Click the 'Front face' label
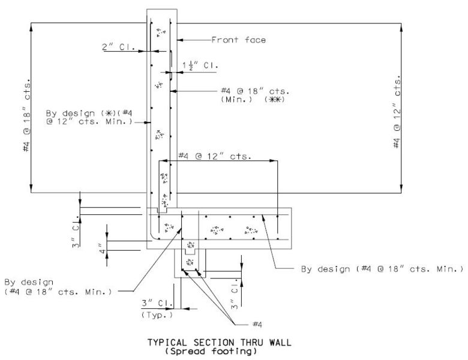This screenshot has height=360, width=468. [238, 40]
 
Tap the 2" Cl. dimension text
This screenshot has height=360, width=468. [118, 47]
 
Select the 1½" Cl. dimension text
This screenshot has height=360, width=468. [200, 65]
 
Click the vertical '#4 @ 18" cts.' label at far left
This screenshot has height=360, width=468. [26, 115]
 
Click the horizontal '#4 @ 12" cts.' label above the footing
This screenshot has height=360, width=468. [215, 157]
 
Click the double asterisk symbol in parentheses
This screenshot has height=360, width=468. [275, 100]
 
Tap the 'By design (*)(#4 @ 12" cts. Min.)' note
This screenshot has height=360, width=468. [89, 118]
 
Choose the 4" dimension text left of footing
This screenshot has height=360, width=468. [103, 247]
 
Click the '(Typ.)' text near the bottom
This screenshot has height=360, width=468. [157, 315]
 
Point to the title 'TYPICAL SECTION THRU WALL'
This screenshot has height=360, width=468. [220, 342]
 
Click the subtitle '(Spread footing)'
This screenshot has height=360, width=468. [211, 351]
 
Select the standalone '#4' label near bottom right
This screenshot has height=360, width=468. [257, 325]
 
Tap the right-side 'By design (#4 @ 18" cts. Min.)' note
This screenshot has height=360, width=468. [382, 269]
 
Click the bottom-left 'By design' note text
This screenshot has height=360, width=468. [58, 287]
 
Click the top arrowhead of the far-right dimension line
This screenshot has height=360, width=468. [401, 26]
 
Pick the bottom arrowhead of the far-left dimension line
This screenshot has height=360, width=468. [31, 189]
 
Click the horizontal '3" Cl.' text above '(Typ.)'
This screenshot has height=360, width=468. [157, 303]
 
